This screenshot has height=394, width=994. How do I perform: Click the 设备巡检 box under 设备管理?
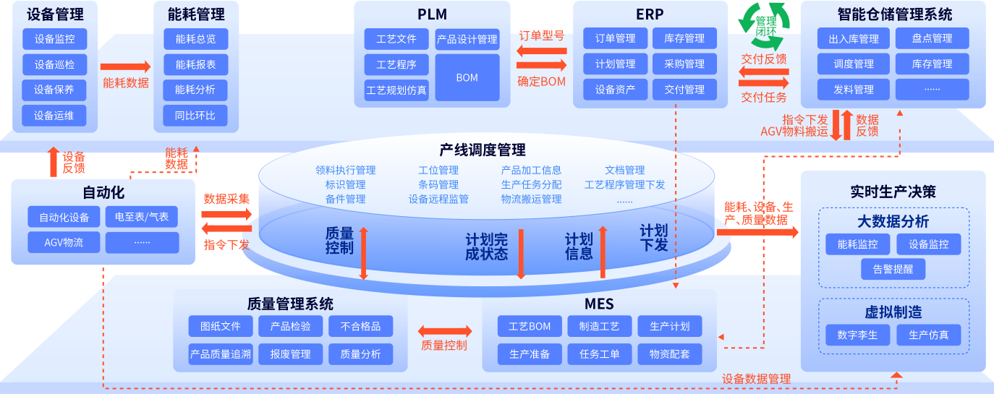coord(54,64)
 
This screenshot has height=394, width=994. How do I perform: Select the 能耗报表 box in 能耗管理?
coord(195,64)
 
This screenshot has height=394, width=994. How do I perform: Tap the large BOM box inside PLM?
coord(467,77)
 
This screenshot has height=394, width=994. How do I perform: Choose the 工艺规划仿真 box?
coord(396,90)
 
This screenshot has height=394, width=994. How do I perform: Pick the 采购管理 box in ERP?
coord(684,64)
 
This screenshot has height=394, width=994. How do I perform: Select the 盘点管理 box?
coord(933,38)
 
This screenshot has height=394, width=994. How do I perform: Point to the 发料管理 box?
coord(854,90)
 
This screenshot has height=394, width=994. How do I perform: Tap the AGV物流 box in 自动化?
coord(64,242)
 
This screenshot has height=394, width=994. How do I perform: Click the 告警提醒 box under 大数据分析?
coord(893,269)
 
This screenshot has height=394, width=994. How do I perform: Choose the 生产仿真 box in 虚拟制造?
coord(928,335)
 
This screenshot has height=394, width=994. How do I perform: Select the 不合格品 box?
coord(360,326)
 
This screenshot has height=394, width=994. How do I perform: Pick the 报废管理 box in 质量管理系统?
coord(290,354)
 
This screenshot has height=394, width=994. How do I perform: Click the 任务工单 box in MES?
coord(600,354)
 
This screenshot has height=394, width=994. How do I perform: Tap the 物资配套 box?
coord(670,354)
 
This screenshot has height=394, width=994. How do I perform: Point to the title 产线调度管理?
coord(483,150)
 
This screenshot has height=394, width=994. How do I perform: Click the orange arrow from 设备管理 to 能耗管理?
coord(126,66)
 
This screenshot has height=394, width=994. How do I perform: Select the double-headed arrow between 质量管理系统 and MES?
coord(444,331)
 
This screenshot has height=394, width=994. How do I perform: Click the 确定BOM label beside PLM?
coord(541,81)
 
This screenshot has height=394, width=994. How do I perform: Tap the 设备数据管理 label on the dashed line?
coord(756,379)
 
